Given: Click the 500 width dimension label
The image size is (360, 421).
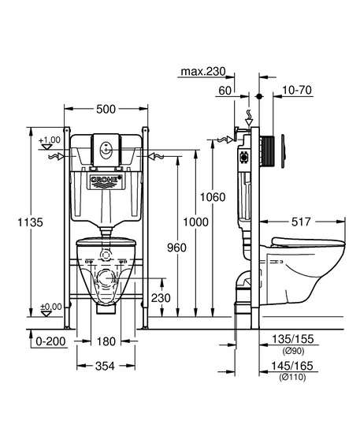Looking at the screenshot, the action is [x=106, y=109].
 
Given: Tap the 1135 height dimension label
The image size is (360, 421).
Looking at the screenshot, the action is [x=30, y=222].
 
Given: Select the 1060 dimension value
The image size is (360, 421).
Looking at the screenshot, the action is [x=213, y=197].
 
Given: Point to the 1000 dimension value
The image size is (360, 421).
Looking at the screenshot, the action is [x=195, y=222].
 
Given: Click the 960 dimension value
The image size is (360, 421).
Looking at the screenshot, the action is [x=176, y=248].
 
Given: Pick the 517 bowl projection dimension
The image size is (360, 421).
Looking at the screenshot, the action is [x=301, y=222].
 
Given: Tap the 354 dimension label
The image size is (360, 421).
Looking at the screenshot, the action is [x=105, y=366].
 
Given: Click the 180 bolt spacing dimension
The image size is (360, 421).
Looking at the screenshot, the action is [x=106, y=341].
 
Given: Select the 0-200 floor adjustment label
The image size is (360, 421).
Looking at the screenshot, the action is [x=50, y=341].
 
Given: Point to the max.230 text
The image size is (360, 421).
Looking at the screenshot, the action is [x=203, y=72].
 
